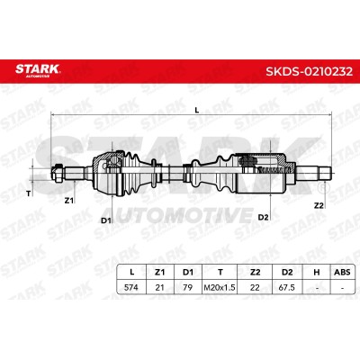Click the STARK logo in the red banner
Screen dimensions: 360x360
click(x=38, y=70)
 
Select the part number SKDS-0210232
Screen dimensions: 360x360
click(x=310, y=72)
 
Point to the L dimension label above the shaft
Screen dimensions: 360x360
click(x=197, y=110)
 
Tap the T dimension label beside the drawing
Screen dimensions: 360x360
click(x=29, y=193)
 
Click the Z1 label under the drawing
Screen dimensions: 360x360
click(x=69, y=201)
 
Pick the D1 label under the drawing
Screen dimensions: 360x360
click(x=105, y=220)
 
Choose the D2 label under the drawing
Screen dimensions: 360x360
click(x=263, y=217)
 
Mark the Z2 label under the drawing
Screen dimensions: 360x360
click(x=319, y=205)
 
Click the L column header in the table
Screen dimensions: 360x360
click(x=131, y=272)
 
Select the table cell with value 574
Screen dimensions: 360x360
click(x=131, y=287)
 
